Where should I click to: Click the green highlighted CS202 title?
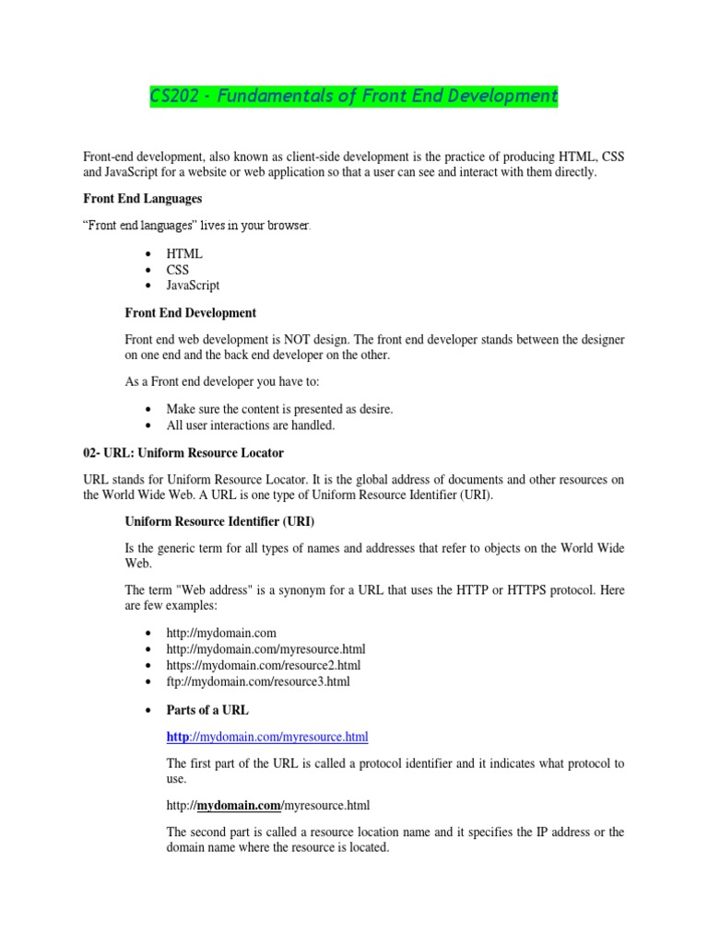click(354, 96)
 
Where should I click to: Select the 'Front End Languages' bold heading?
click(143, 198)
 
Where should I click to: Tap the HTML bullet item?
click(184, 253)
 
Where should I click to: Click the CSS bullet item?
click(177, 270)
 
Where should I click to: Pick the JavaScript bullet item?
click(193, 285)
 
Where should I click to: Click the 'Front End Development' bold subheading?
click(190, 313)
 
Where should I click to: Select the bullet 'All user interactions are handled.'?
click(251, 425)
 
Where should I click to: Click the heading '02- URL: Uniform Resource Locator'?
click(183, 453)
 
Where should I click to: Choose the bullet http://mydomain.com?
click(221, 633)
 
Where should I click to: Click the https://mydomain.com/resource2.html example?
click(264, 665)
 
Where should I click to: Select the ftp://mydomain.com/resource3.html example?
click(258, 681)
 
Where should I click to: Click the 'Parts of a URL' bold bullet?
click(207, 710)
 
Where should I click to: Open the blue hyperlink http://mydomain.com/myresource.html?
click(267, 737)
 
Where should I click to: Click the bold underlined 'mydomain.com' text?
click(239, 806)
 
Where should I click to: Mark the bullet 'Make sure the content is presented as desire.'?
click(279, 409)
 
